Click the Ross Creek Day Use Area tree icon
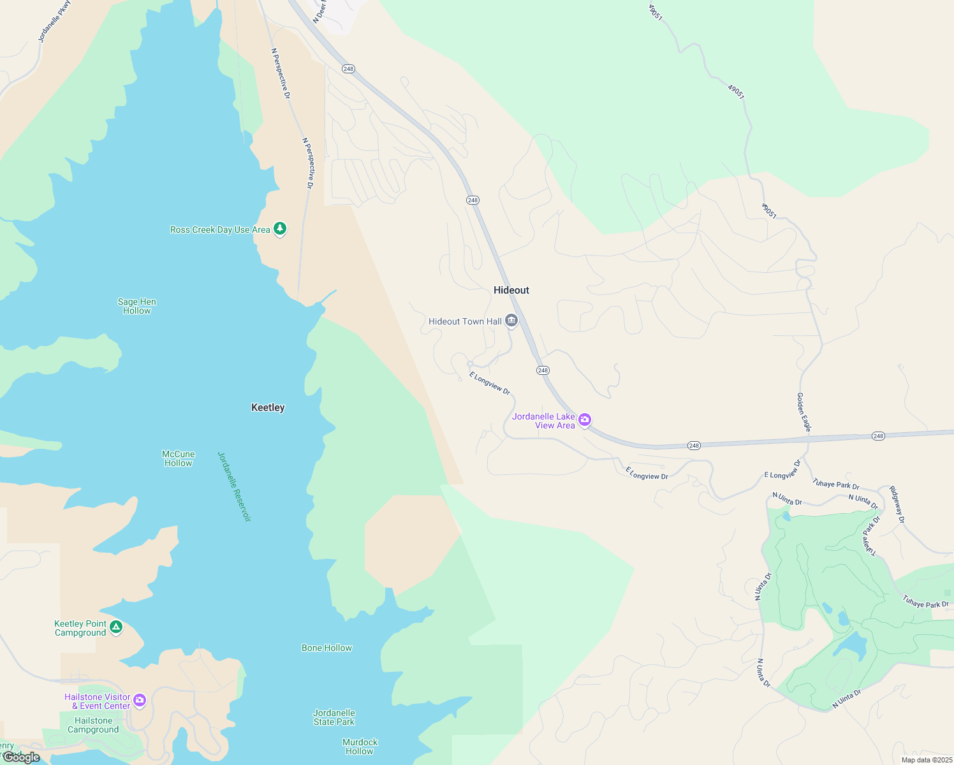[279, 229]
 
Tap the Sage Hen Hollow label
[137, 307]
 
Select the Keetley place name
[268, 407]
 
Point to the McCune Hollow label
[179, 459]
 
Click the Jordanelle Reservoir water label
[234, 486]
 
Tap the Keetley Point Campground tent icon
[115, 627]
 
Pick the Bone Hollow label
[327, 648]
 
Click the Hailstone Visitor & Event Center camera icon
[140, 701]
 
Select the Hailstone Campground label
[93, 725]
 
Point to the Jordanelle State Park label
[334, 718]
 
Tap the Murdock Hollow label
[360, 747]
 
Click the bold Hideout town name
[511, 290]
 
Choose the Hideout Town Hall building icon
[511, 321]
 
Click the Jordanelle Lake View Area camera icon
[585, 420]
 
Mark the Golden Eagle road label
[803, 412]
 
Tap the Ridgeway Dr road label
[897, 505]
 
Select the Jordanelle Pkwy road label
[54, 22]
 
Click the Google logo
[22, 757]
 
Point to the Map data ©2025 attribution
[927, 760]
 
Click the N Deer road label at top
[319, 11]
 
